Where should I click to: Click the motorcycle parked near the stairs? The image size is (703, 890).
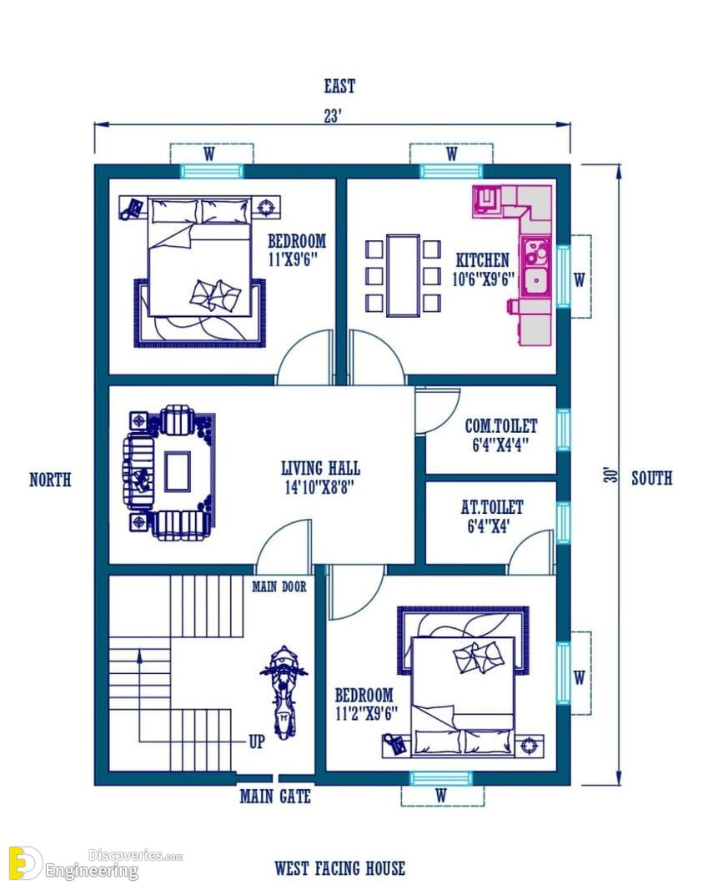click(284, 692)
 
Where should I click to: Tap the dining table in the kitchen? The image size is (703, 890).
click(404, 275)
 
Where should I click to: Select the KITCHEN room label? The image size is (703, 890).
click(483, 260)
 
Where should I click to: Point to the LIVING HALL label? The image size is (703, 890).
click(320, 468)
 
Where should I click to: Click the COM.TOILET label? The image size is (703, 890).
click(501, 425)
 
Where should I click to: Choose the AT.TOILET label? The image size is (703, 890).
click(492, 507)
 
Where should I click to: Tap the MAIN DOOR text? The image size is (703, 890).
click(279, 586)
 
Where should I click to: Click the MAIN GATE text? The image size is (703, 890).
click(275, 797)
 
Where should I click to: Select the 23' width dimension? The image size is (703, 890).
click(333, 116)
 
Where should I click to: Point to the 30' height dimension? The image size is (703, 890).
click(610, 475)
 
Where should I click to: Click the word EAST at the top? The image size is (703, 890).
click(340, 86)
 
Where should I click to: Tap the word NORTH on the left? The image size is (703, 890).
click(51, 480)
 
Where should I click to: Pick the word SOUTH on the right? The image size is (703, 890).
click(652, 479)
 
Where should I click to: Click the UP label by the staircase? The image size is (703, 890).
click(257, 742)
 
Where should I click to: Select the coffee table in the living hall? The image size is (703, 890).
click(178, 471)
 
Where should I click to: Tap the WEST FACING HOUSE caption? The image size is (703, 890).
click(340, 868)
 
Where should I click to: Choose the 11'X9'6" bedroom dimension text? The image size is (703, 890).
click(293, 259)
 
